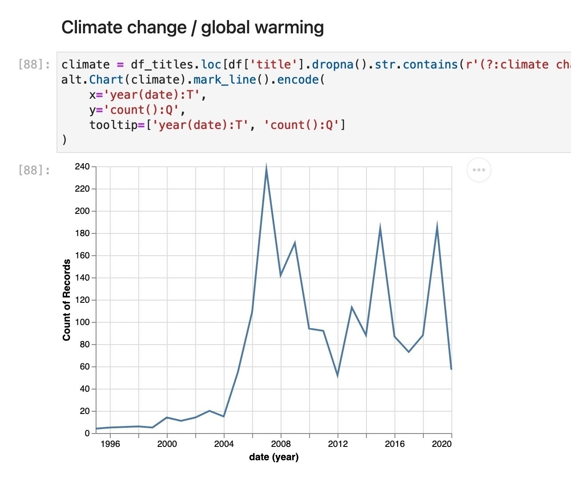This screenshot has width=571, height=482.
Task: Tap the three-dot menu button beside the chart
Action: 479,170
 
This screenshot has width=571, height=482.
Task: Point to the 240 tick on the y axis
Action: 82,166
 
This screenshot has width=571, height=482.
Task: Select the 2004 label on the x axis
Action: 224,444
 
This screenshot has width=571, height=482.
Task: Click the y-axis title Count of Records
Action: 66,300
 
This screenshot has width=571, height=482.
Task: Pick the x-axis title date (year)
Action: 274,457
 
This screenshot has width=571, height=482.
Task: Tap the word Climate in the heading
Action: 93,27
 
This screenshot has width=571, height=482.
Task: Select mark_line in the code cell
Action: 225,80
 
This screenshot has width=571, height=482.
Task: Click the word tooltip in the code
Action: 113,125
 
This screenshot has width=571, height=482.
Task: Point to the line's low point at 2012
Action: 338,376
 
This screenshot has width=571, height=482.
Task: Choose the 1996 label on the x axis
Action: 110,444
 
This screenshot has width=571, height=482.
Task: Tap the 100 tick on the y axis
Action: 82,322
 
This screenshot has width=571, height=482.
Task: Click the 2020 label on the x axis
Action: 442,444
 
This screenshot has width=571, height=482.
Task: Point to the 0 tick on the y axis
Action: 87,433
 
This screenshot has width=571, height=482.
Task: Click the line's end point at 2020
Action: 451,369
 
